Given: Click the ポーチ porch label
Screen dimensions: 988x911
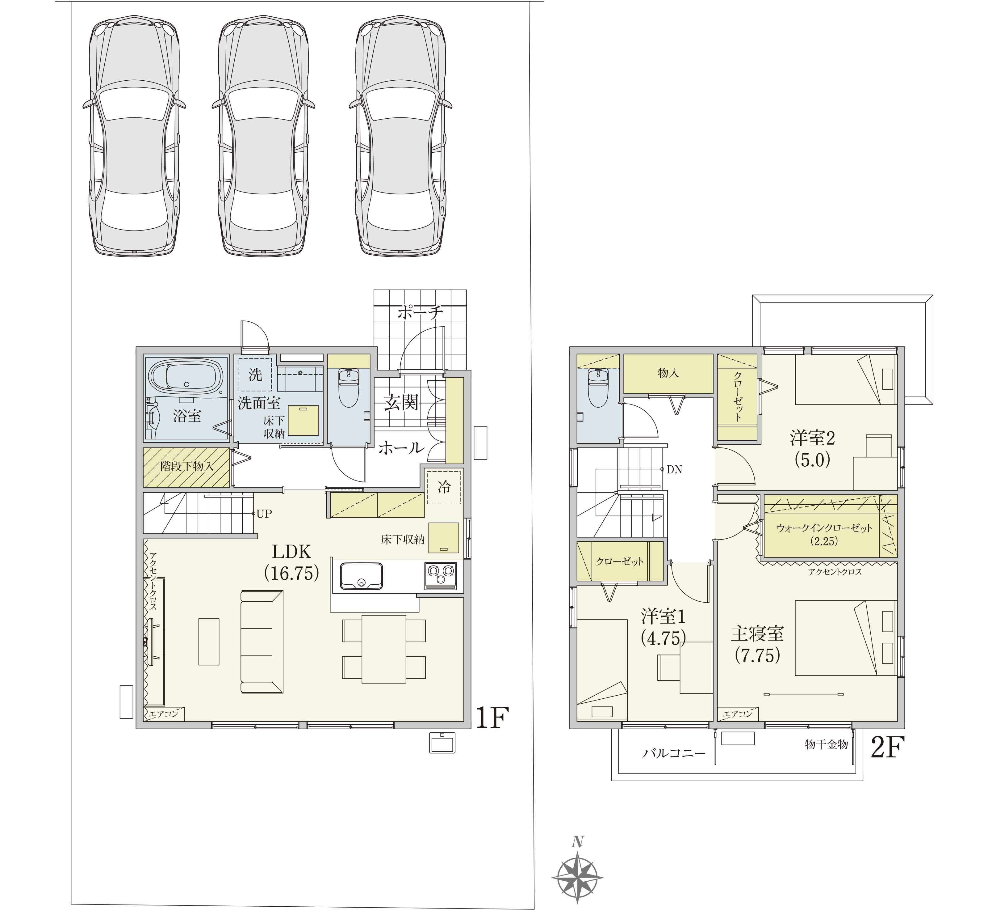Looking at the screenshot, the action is [x=420, y=312].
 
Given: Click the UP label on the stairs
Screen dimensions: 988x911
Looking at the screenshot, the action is [x=264, y=514].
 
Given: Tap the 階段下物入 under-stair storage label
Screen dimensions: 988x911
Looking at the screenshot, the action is [x=187, y=466].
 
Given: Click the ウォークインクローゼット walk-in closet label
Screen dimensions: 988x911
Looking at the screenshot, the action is [x=824, y=528].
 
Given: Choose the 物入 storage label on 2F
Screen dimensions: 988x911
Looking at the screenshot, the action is [x=668, y=373].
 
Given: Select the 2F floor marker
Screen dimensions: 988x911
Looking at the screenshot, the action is [x=888, y=747].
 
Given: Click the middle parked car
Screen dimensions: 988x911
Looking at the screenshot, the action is [x=263, y=137].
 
